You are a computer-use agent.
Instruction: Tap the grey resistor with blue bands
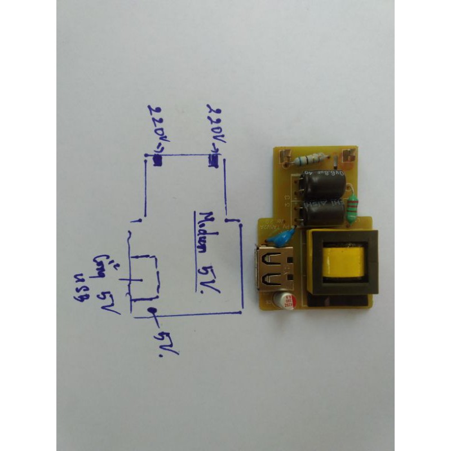click(x=309, y=160)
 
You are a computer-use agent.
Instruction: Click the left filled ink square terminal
click(x=157, y=160)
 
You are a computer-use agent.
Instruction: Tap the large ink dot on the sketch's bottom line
click(x=151, y=312)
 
